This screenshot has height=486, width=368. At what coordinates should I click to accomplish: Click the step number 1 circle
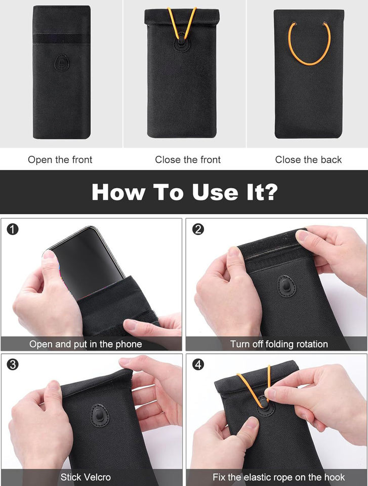coord(13,229)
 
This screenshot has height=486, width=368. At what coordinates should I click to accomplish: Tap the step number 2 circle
coord(198,229)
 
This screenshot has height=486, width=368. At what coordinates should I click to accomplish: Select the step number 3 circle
coord(13,364)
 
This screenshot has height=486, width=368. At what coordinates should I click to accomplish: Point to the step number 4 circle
coord(198,364)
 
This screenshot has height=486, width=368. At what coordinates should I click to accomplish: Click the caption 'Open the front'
coord(60,159)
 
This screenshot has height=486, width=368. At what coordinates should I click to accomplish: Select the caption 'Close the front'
coord(188,159)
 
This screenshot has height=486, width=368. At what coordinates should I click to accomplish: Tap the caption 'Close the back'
coord(308,159)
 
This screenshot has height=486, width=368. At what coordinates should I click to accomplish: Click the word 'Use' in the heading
coord(215,192)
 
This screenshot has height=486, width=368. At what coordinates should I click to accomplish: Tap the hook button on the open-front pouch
coord(62,63)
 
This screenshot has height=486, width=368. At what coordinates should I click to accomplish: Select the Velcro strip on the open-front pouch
coord(62,39)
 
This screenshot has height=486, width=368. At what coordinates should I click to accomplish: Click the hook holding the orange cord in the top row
coord(181,42)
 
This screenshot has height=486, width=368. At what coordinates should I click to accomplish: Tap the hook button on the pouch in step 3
coord(100,415)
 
